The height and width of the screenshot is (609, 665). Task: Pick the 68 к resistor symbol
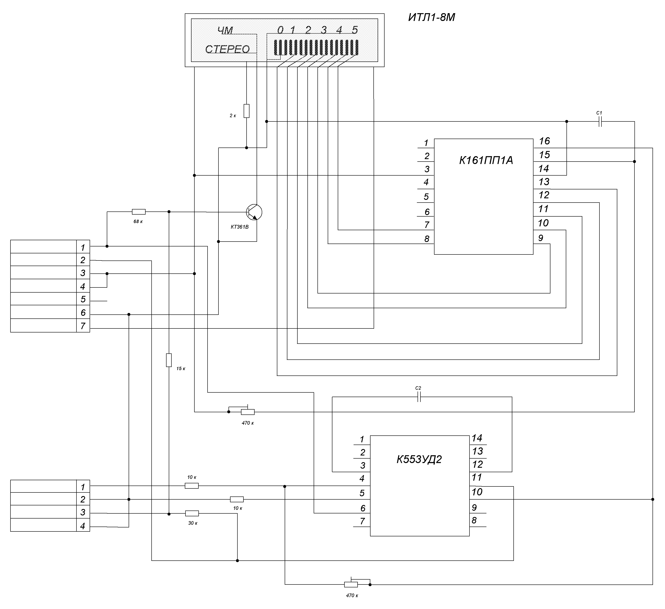click(x=138, y=212)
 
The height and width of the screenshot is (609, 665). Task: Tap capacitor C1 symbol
click(x=600, y=122)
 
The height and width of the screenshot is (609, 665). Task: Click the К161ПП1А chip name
click(x=486, y=161)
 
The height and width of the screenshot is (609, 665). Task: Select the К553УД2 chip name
click(x=419, y=459)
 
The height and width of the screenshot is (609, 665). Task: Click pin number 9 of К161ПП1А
click(x=540, y=238)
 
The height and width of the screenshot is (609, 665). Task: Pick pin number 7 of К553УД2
click(x=362, y=521)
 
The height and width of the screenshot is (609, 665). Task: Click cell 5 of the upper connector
click(x=83, y=299)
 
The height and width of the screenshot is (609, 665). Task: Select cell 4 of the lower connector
click(x=83, y=526)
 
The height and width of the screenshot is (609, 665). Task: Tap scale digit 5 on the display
click(x=355, y=30)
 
